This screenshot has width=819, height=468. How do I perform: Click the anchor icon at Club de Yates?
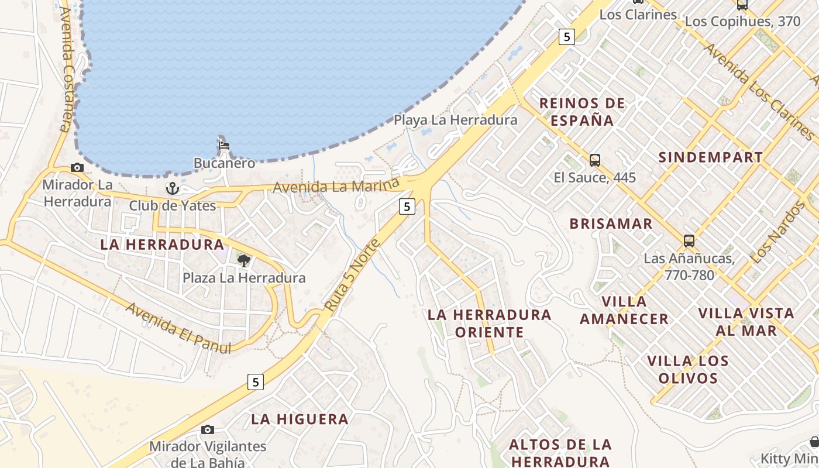pyautogui.click(x=172, y=188)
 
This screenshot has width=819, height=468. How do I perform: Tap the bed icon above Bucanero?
pyautogui.click(x=223, y=145)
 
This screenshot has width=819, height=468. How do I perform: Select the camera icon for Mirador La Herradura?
pyautogui.click(x=77, y=168)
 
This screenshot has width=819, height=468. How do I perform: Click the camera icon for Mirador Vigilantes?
pyautogui.click(x=207, y=430)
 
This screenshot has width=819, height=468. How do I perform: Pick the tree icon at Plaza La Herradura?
pyautogui.click(x=243, y=260)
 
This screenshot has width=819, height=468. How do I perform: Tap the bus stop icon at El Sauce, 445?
pyautogui.click(x=594, y=160)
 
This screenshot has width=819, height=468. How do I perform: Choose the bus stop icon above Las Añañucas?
pyautogui.click(x=689, y=240)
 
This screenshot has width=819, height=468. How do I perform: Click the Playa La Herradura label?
pyautogui.click(x=455, y=120)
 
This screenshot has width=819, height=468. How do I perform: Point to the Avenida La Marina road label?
pyautogui.click(x=340, y=187)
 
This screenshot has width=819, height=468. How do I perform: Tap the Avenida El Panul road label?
pyautogui.click(x=178, y=328)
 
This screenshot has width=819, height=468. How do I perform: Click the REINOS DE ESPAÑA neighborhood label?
pyautogui.click(x=581, y=112)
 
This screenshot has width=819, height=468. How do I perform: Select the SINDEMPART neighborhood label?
pyautogui.click(x=710, y=157)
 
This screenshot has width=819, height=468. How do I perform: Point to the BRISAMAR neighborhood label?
pyautogui.click(x=611, y=223)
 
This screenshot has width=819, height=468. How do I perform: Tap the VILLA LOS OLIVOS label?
pyautogui.click(x=688, y=369)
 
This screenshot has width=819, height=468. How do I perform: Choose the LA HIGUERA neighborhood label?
pyautogui.click(x=300, y=419)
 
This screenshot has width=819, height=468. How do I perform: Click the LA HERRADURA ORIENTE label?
pyautogui.click(x=489, y=324)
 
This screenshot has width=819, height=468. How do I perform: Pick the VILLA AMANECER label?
pyautogui.click(x=624, y=310)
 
